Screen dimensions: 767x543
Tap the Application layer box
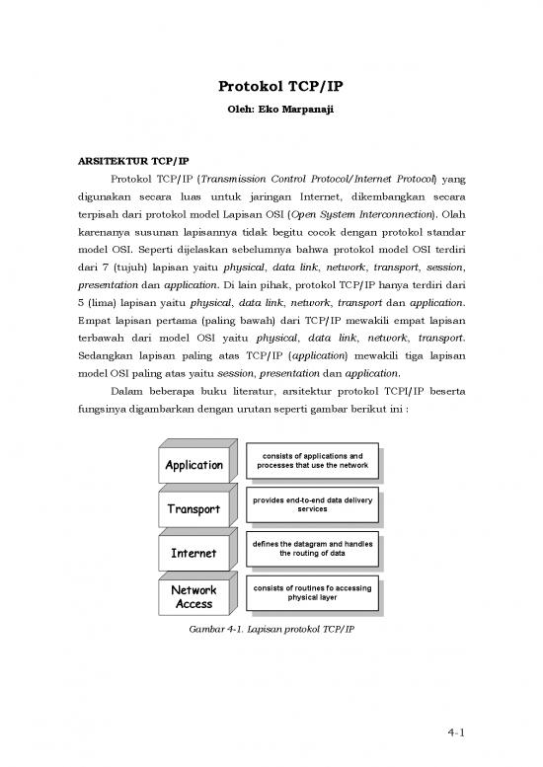(x=194, y=465)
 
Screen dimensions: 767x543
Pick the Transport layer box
(x=194, y=509)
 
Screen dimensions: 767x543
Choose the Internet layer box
(x=194, y=553)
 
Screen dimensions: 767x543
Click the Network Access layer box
(x=194, y=597)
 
